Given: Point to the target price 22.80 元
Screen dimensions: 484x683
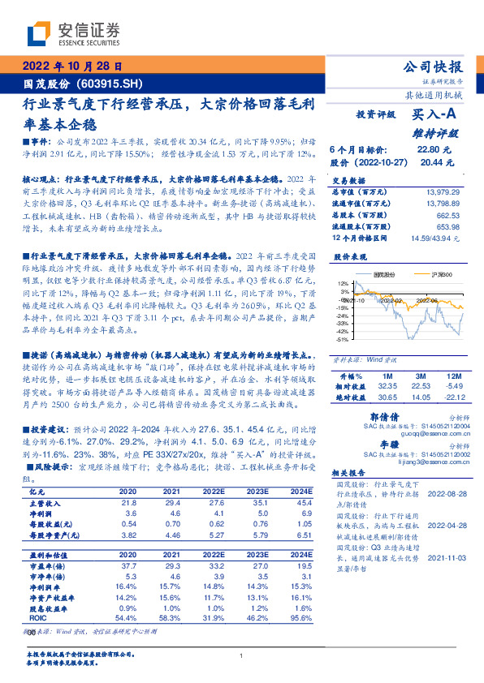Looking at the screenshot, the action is tap(432, 150).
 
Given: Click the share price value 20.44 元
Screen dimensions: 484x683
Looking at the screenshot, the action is tap(432, 162).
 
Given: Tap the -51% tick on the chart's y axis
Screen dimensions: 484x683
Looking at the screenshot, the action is tap(344, 339).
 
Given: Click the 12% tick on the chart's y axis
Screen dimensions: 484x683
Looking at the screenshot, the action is tap(344, 282).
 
